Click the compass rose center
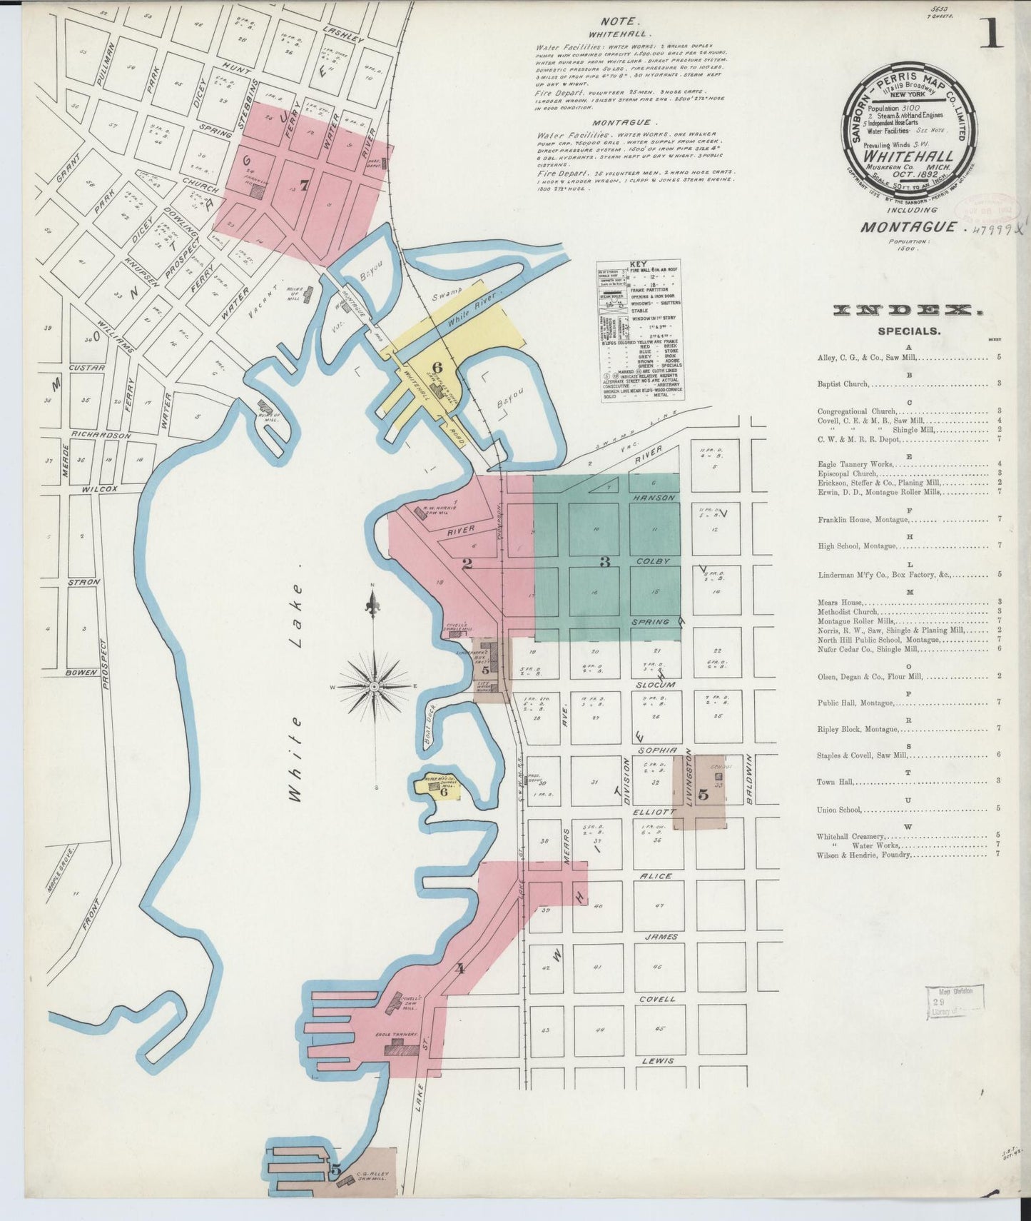[373, 686]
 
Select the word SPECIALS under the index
[909, 331]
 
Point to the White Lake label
[296, 692]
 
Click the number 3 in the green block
[604, 562]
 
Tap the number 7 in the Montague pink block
[305, 186]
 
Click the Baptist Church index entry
[843, 384]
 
